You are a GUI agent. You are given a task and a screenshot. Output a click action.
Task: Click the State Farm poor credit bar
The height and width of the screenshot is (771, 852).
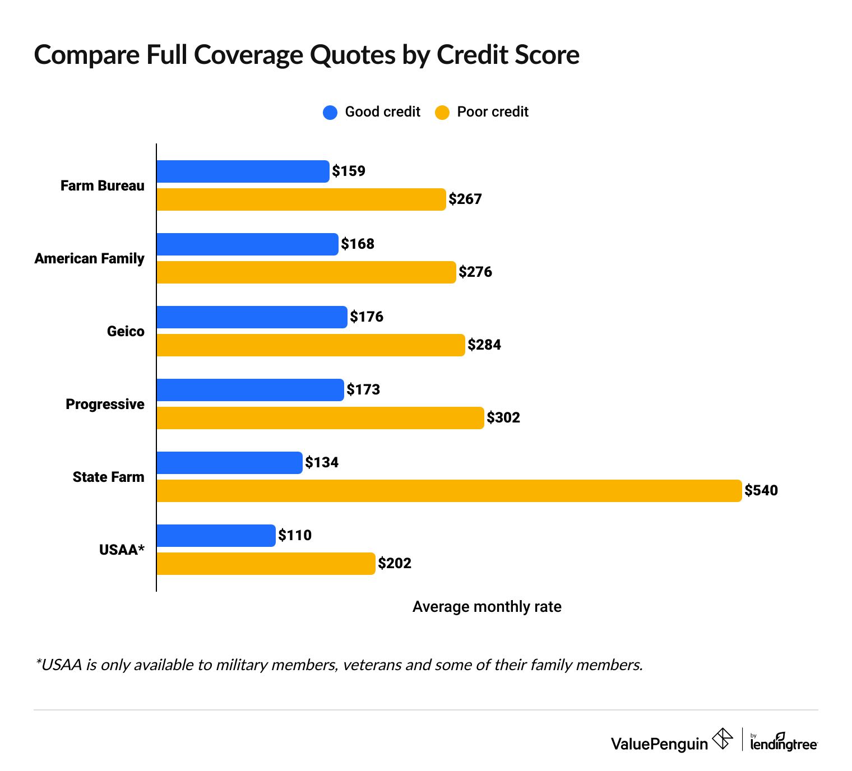pos(448,491)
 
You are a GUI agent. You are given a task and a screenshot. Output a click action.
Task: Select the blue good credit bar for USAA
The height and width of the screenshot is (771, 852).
pos(216,536)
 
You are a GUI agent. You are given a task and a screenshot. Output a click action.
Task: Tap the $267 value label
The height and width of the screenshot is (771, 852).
pos(465,199)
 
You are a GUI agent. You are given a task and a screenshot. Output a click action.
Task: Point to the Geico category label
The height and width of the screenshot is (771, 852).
pos(126,331)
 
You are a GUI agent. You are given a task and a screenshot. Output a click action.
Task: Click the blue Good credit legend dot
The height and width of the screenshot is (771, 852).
pos(330,113)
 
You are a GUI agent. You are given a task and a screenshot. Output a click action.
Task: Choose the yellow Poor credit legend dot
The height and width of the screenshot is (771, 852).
pos(442,113)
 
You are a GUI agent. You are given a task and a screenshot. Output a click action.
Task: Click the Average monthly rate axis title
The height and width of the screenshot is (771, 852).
pos(487,607)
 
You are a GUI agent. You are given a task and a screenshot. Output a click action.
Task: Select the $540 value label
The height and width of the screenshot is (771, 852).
pos(761,491)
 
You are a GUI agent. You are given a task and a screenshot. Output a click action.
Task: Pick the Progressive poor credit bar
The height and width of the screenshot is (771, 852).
pos(319,418)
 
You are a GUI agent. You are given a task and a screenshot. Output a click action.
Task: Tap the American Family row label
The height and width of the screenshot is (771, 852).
pos(90,258)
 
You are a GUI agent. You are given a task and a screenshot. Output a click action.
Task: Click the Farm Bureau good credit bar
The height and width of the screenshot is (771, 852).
pos(242,171)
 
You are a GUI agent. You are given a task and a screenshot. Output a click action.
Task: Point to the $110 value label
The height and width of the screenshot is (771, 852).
pos(295,536)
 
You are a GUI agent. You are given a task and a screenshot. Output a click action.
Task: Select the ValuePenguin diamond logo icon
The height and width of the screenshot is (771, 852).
pos(722,739)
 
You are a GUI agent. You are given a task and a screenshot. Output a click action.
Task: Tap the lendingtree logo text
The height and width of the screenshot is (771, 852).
pos(784,744)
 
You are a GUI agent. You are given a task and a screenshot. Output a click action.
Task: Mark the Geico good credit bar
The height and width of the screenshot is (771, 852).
pos(252,317)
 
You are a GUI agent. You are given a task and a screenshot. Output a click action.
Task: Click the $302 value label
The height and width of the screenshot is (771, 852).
pos(503,418)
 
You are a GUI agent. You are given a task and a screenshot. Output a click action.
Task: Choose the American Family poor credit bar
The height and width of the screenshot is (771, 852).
pos(306,272)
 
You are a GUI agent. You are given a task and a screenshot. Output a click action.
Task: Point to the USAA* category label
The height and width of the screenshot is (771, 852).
pos(122,550)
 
